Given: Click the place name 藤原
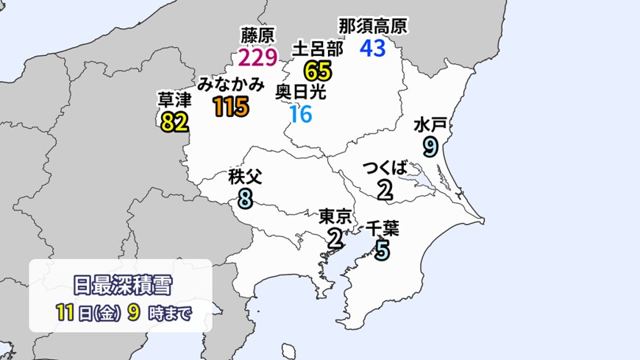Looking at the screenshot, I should click(257, 35).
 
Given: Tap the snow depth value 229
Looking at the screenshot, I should click(257, 57).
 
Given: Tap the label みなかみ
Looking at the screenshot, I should click(230, 84).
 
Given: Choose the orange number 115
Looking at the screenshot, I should click(230, 107).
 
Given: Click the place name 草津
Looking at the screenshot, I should click(174, 98).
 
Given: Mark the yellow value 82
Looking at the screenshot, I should click(174, 121).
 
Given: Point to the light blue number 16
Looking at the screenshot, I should click(301, 114).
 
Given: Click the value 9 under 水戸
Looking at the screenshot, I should click(431, 147).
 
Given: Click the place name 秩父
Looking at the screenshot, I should click(246, 177).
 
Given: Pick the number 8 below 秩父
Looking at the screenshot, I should click(246, 199).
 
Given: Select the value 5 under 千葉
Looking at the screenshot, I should click(382, 251).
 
